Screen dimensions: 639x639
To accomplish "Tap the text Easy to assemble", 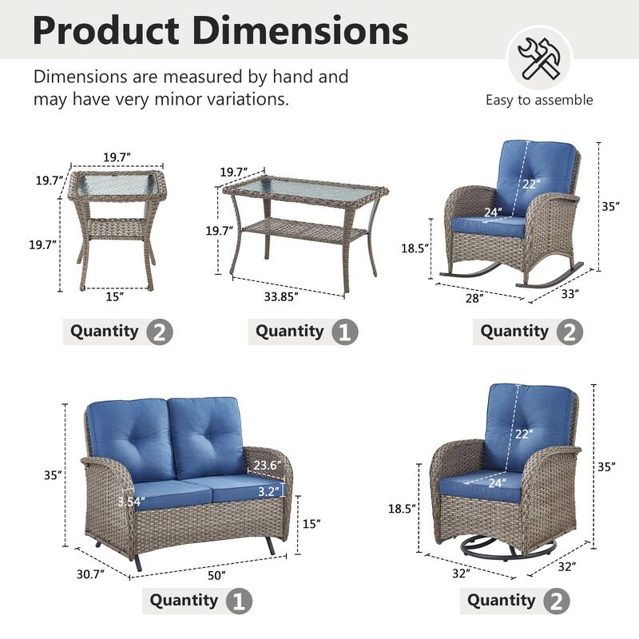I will [x=539, y=100].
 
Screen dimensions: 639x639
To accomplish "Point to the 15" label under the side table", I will [x=114, y=297].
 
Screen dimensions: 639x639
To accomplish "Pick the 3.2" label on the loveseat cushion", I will [x=268, y=492].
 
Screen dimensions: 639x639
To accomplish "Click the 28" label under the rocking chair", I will [x=474, y=298].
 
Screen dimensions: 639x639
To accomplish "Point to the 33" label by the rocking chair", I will [x=570, y=293].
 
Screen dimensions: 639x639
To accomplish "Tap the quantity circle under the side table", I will [x=160, y=331].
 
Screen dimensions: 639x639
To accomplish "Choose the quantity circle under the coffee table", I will [x=344, y=331].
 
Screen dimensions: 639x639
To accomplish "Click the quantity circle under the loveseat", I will [x=240, y=601].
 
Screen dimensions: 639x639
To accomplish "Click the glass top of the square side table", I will [x=118, y=185].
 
